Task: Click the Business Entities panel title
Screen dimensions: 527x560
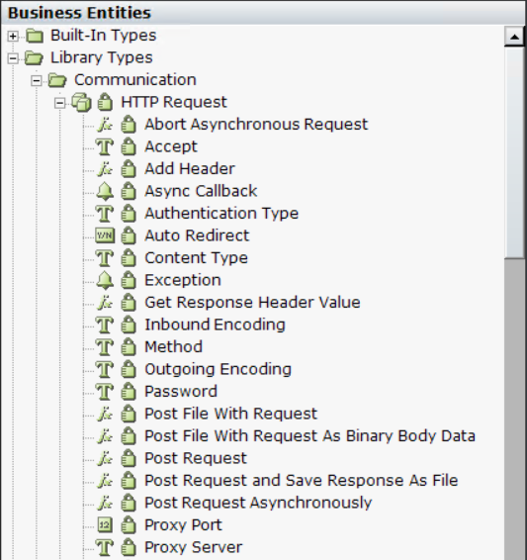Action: (79, 13)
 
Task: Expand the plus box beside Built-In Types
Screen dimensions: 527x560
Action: (13, 36)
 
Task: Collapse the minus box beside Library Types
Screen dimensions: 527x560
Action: (13, 58)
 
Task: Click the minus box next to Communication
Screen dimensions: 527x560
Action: (37, 81)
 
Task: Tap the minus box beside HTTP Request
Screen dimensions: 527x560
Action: (60, 103)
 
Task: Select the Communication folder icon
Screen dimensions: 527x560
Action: (57, 80)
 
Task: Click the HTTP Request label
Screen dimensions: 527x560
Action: (174, 102)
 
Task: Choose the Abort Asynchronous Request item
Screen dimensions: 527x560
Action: (256, 125)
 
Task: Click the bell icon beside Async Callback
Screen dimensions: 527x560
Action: (105, 191)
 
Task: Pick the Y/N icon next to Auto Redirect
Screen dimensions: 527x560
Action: (105, 235)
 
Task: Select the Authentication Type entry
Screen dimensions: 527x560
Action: (221, 214)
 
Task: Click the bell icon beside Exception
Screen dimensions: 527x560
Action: (105, 280)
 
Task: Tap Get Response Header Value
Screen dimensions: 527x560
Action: (252, 302)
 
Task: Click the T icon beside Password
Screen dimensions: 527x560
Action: (105, 392)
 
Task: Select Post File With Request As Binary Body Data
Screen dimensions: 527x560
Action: (309, 436)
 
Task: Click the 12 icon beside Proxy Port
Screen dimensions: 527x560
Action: (105, 524)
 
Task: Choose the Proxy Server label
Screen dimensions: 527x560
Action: (194, 547)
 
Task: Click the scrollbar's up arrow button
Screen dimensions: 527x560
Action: (514, 37)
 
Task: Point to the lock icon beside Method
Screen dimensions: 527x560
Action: (129, 347)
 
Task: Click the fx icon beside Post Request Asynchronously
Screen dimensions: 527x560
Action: (105, 503)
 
